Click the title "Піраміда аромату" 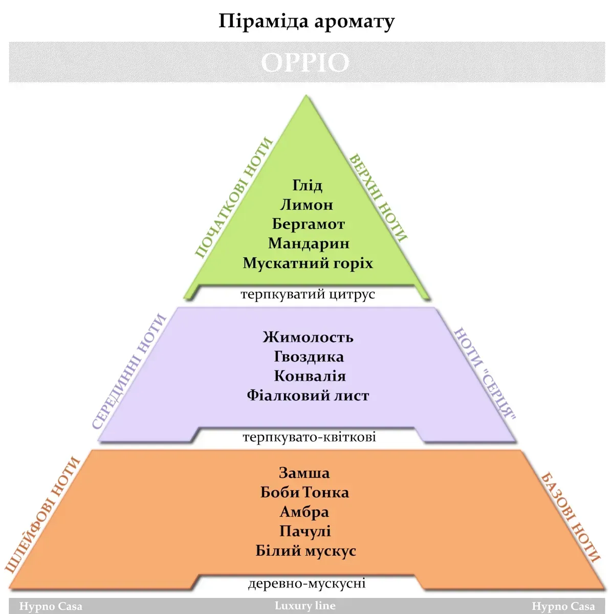[306, 21]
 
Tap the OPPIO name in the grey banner [305, 62]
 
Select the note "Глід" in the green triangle [307, 185]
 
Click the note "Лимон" [306, 205]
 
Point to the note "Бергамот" [308, 224]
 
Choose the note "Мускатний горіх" [308, 264]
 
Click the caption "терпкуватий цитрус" [308, 294]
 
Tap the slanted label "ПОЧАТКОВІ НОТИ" [234, 198]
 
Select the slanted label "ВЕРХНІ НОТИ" [378, 198]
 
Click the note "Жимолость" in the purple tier [308, 337]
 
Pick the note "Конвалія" [310, 376]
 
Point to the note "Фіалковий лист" [308, 396]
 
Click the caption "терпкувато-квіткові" [309, 437]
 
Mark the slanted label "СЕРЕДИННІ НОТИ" [129, 371]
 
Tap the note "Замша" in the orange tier [304, 473]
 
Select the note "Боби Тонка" [304, 493]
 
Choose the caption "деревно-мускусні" [306, 583]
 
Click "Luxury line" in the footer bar [305, 605]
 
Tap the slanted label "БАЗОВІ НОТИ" [571, 518]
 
